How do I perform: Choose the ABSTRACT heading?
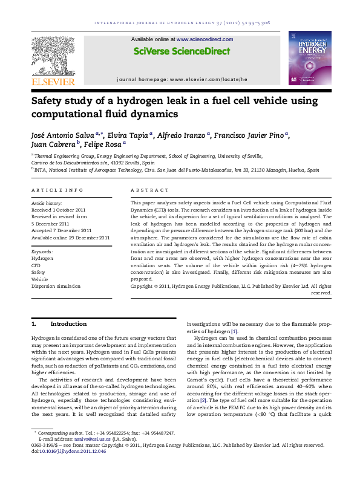(x=148, y=190)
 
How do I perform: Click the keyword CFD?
(x=36, y=264)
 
